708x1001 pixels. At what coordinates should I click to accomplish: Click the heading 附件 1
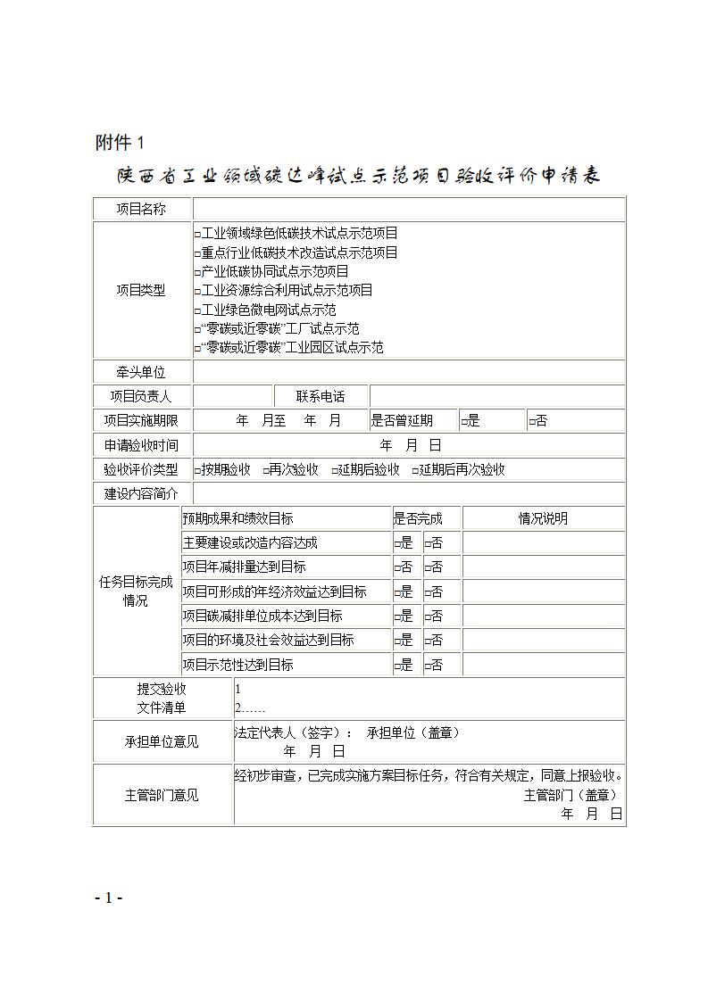click(x=119, y=143)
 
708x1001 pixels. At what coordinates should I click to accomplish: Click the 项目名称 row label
click(x=141, y=210)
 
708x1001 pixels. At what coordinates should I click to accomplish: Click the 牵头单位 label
click(x=141, y=373)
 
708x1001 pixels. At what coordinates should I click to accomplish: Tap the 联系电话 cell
click(x=321, y=397)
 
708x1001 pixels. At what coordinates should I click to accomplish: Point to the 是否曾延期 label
click(x=402, y=421)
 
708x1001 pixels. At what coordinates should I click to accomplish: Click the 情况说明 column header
click(x=543, y=518)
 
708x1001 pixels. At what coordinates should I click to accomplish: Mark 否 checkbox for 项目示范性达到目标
click(x=428, y=666)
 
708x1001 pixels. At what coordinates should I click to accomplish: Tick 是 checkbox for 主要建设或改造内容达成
click(x=397, y=543)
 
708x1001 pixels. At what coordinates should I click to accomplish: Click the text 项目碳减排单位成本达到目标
click(x=262, y=616)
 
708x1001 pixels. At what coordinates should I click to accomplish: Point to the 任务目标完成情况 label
click(x=136, y=591)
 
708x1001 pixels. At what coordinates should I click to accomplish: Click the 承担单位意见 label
click(x=162, y=742)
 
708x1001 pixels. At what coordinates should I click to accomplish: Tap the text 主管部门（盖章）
click(x=571, y=795)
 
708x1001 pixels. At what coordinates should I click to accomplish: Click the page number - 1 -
click(x=108, y=898)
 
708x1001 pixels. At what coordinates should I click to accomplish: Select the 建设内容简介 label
click(x=141, y=493)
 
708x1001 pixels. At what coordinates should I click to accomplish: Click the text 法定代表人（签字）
click(x=294, y=732)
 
